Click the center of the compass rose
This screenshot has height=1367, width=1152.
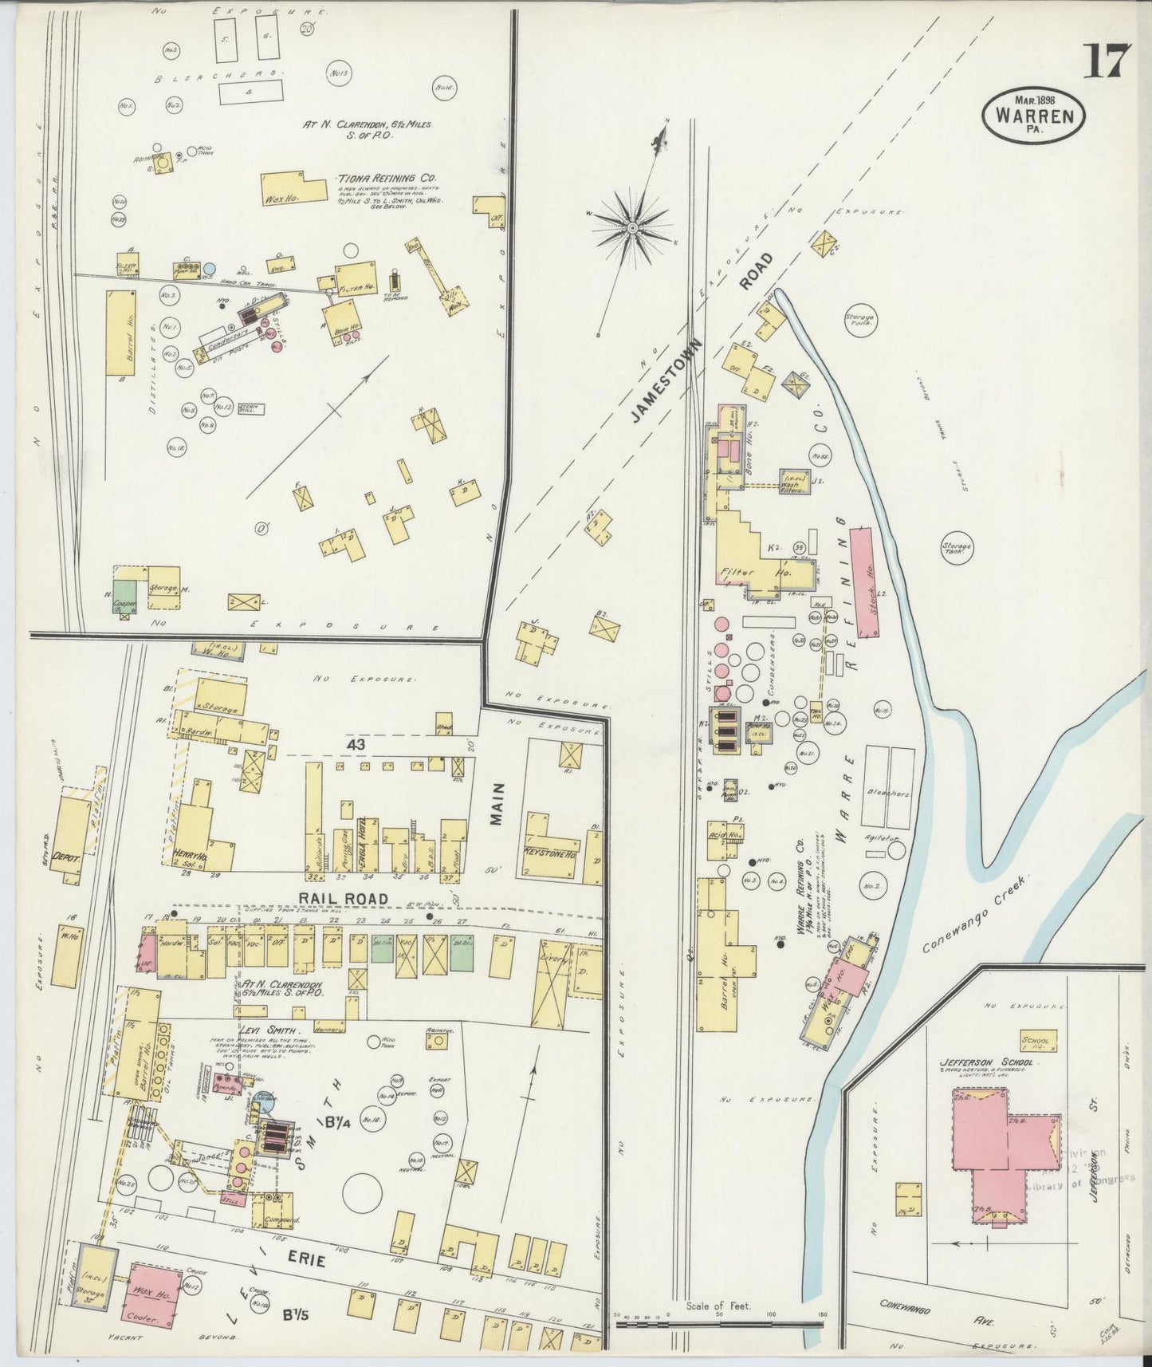click(x=632, y=229)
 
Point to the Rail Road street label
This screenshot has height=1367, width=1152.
click(x=344, y=899)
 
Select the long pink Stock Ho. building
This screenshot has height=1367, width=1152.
click(x=865, y=581)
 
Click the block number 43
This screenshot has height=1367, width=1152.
click(x=356, y=743)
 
